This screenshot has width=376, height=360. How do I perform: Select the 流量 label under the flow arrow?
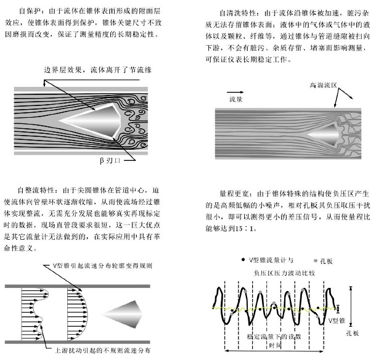click(237, 99)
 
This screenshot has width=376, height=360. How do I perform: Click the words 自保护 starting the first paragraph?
click(28, 12)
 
